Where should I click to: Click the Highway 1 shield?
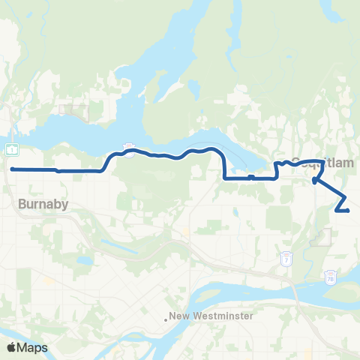[13, 148]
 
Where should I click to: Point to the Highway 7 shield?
[286, 259]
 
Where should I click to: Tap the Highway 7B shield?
[331, 278]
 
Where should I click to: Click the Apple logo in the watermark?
[12, 347]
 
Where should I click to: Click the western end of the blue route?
[13, 169]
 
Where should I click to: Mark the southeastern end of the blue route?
[349, 211]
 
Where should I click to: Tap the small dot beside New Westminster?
[166, 317]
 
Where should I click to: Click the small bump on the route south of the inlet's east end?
[251, 177]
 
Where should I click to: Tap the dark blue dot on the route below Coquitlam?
[314, 179]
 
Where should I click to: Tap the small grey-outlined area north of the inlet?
[78, 113]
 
